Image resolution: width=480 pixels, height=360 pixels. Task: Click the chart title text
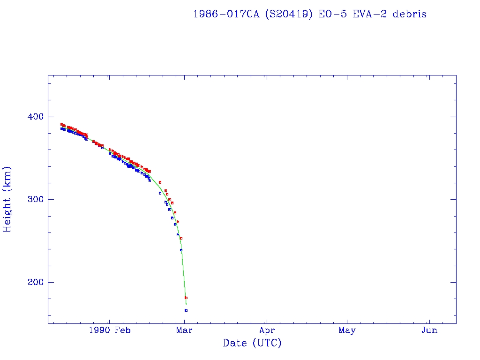coord(310,14)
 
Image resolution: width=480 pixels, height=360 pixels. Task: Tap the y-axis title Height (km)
coord(7,199)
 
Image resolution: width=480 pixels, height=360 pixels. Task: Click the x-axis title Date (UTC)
coord(252,343)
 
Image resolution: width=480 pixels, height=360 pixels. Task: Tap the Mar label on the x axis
coord(184,330)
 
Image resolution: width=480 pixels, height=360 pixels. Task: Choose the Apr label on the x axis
coord(267,330)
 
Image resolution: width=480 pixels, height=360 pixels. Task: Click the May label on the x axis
coord(347,330)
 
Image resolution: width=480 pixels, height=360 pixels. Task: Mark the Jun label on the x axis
coord(429,330)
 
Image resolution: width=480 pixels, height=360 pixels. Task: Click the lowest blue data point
coord(186,310)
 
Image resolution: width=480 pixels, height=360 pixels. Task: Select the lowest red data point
coord(186,298)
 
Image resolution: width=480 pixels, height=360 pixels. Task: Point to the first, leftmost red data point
coord(61,124)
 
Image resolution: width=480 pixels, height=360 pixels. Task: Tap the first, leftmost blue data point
coord(61,128)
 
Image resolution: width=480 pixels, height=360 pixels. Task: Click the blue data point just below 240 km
coord(181,250)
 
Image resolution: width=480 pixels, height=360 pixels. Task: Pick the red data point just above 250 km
coord(181,238)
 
